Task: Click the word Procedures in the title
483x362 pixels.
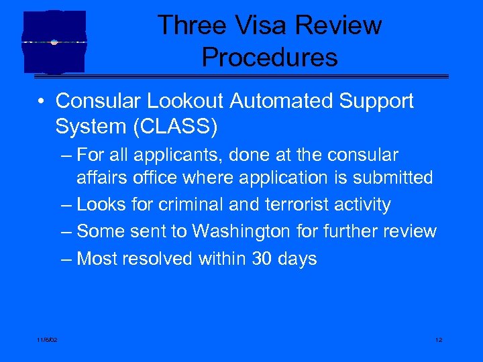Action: [x=270, y=58]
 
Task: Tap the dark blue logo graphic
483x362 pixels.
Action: [x=54, y=42]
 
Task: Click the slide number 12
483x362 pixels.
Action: [x=438, y=341]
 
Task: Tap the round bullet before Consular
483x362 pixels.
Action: [x=42, y=102]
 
